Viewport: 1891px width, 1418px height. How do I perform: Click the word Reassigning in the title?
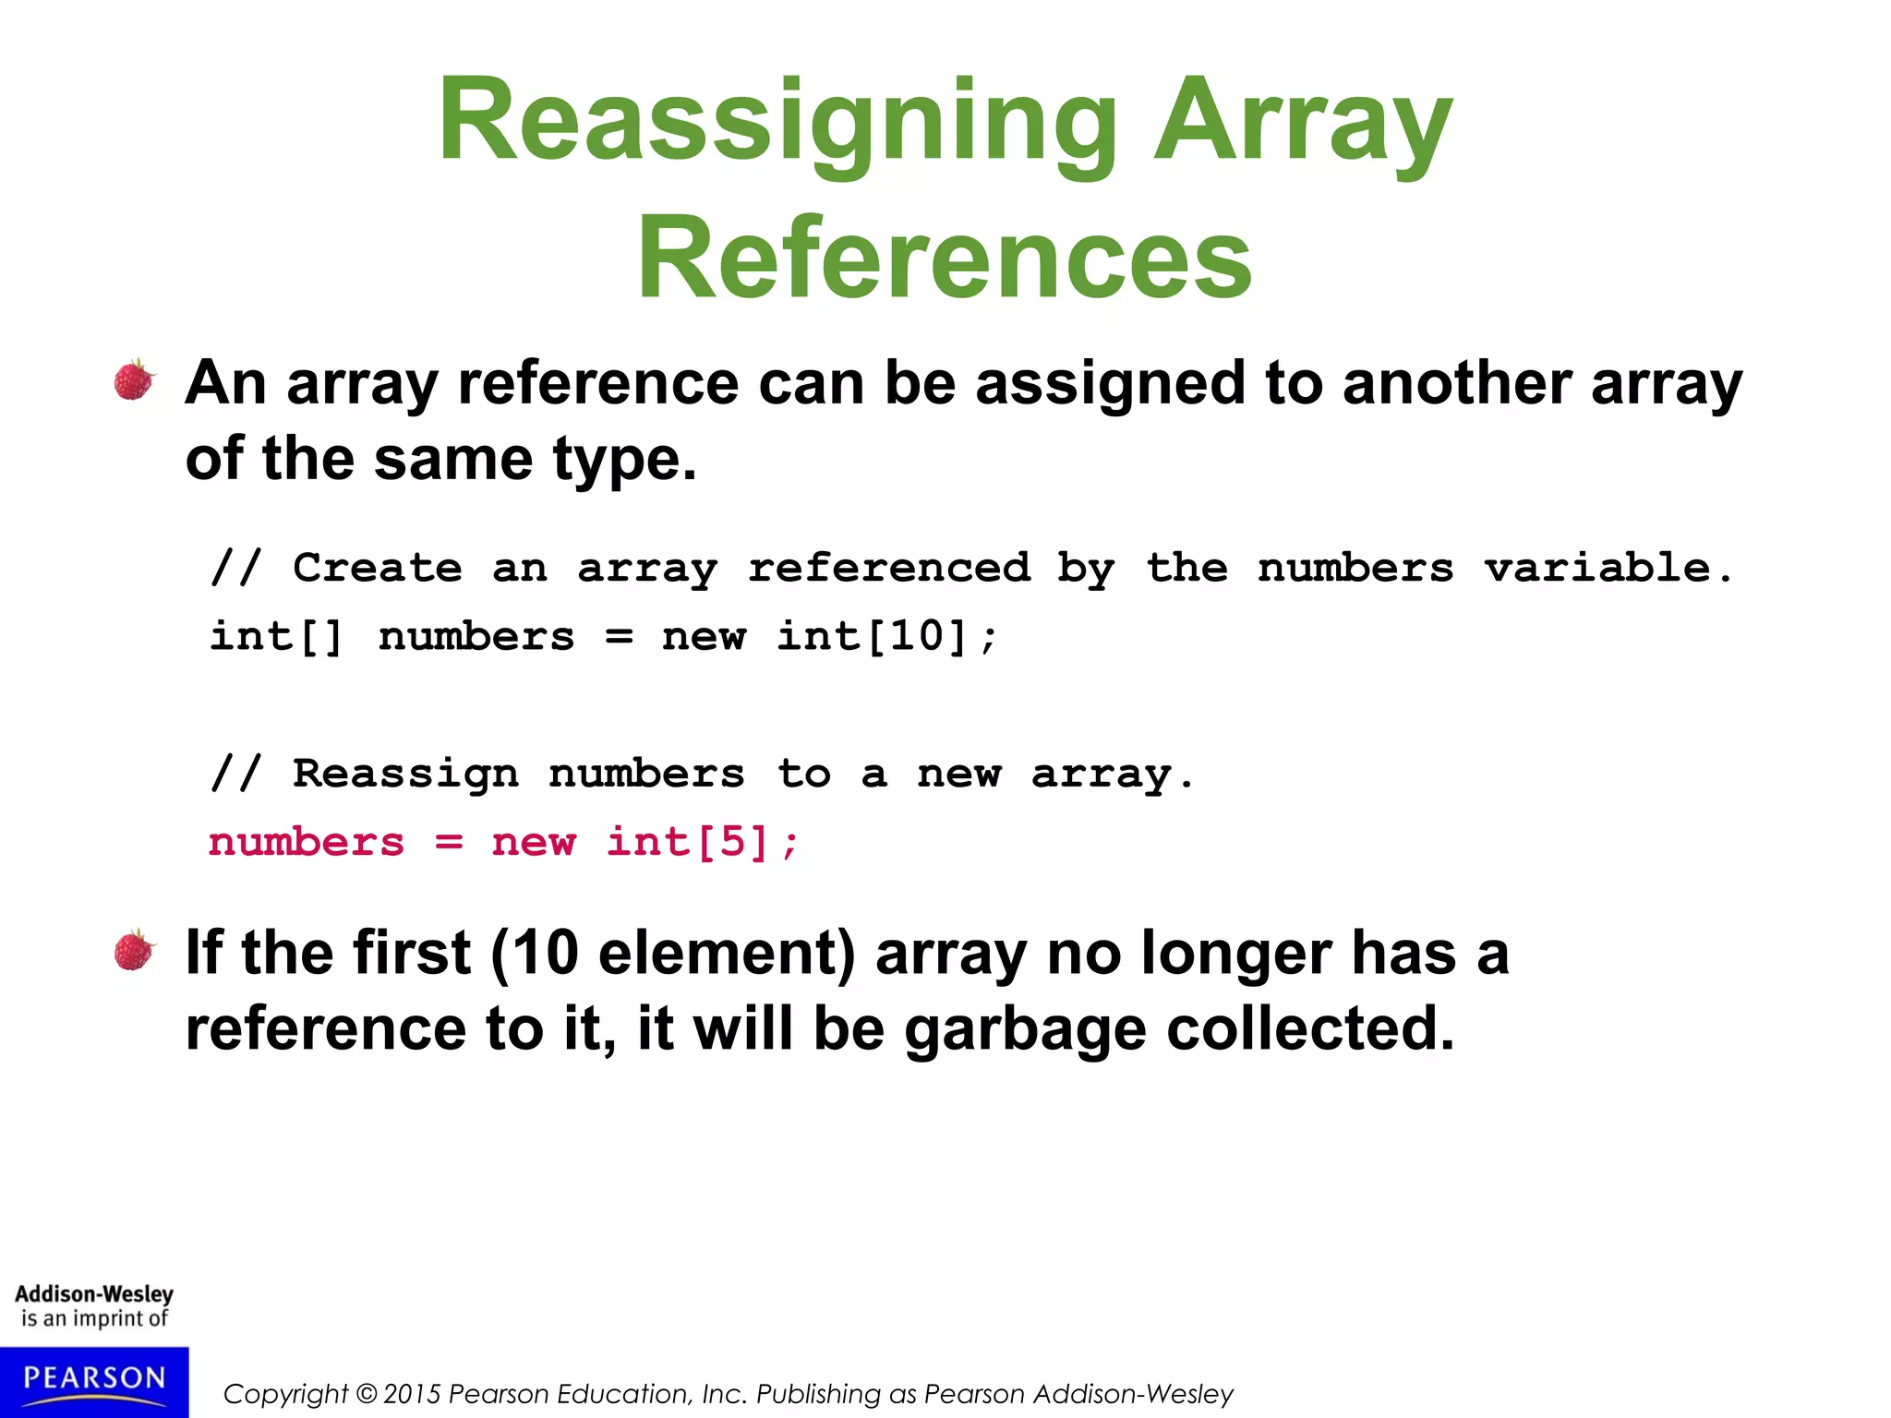pyautogui.click(x=777, y=121)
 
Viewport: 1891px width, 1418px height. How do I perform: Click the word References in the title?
pyautogui.click(x=944, y=258)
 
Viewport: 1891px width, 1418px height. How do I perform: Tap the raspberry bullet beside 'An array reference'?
pyautogui.click(x=135, y=379)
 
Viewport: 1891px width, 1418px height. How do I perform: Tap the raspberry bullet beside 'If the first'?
pyautogui.click(x=135, y=950)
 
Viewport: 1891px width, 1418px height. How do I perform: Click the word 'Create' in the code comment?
pyautogui.click(x=377, y=568)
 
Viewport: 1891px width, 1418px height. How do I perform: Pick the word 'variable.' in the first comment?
pyautogui.click(x=1608, y=568)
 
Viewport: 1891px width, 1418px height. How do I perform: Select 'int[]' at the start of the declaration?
pyautogui.click(x=276, y=636)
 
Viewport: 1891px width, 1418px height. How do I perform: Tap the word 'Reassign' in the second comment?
pyautogui.click(x=405, y=774)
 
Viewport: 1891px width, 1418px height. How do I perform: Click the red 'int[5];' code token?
pyautogui.click(x=702, y=842)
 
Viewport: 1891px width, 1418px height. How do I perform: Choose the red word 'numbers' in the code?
pyautogui.click(x=307, y=842)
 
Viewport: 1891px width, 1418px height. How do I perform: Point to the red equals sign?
pyautogui.click(x=449, y=842)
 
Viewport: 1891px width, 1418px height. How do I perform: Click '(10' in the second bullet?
pyautogui.click(x=535, y=953)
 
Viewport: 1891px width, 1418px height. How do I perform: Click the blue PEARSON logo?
pyautogui.click(x=94, y=1381)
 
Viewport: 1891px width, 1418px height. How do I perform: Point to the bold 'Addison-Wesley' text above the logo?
pyautogui.click(x=94, y=1294)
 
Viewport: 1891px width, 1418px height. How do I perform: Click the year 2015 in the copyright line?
pyautogui.click(x=412, y=1394)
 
